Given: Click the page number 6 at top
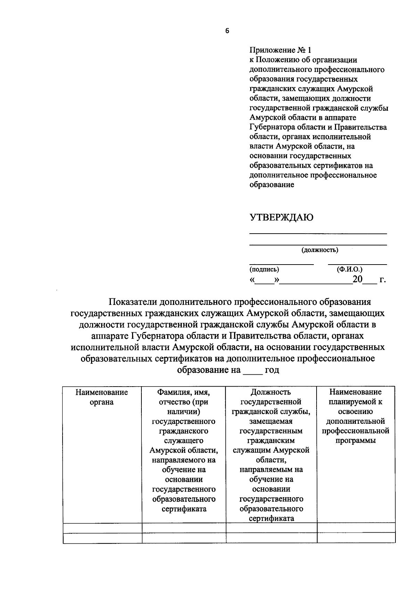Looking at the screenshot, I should coord(227,31).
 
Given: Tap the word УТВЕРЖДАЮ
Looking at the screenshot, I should coord(281,218).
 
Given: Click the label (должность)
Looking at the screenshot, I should coord(320,250).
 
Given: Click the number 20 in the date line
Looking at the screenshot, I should coord(357,280).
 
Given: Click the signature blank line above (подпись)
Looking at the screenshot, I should coord(281,265).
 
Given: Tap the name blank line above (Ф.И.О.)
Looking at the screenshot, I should coord(357,265).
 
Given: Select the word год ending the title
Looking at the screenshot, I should coord(272,370).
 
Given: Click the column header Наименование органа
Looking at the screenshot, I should coord(102,397).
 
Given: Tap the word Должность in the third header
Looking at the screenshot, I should coord(271,392).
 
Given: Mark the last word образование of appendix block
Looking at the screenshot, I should coord(272,185).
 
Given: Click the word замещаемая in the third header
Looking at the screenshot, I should coord(271,421).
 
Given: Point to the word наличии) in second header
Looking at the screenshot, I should coord(183,412).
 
